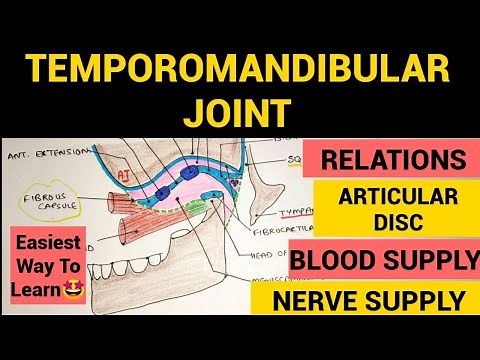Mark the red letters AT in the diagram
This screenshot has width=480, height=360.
pos(152,176)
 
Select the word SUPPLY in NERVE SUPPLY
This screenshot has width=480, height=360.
pos(427,299)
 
